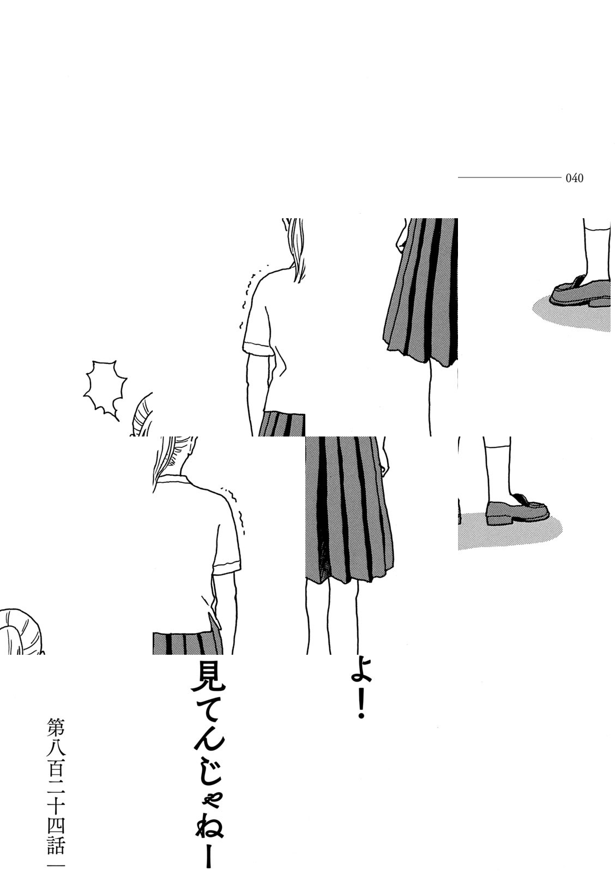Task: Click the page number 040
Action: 575,178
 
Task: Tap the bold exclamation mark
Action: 360,708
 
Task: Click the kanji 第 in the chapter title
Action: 56,728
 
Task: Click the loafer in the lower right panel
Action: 516,511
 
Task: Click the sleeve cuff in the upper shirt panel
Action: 258,348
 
